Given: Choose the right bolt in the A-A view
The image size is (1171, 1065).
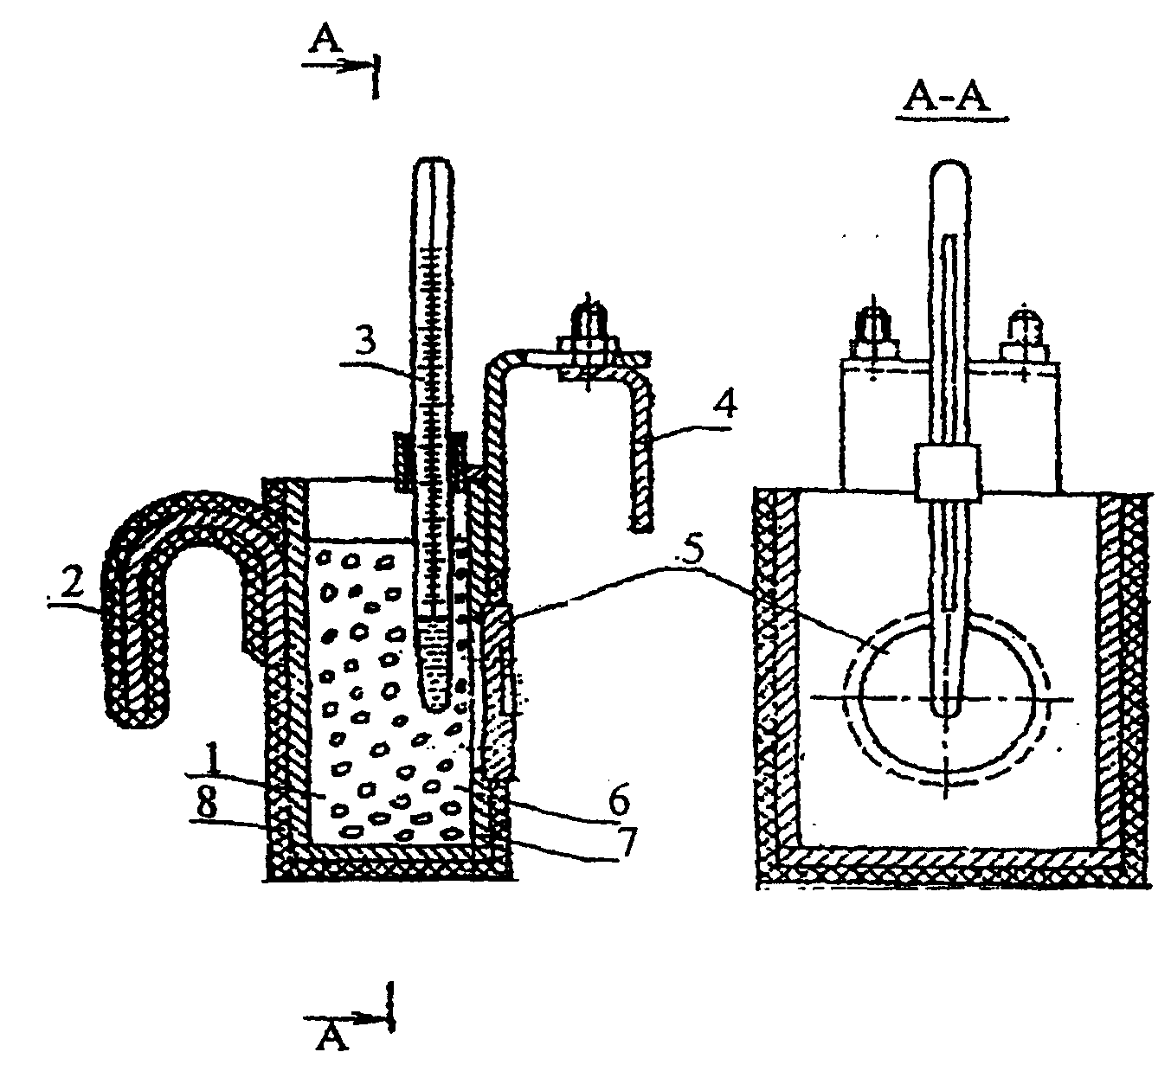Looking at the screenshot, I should (1022, 335).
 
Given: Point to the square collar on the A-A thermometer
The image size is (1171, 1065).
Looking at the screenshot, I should (947, 472).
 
